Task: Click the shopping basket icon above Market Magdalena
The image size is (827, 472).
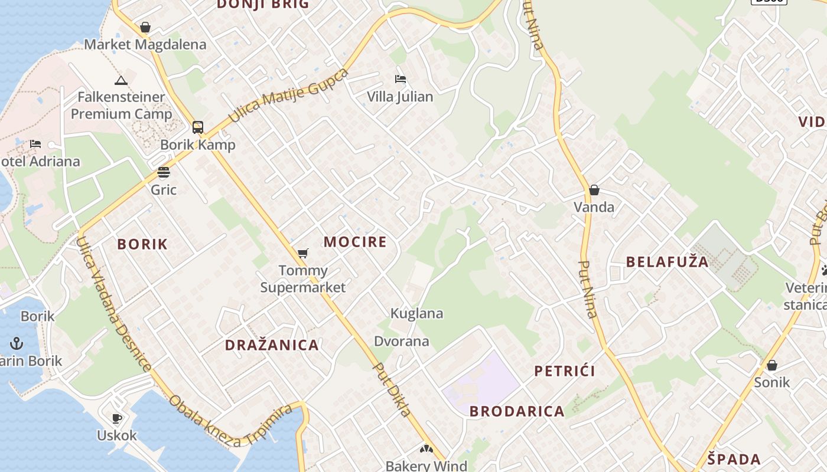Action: [145, 27]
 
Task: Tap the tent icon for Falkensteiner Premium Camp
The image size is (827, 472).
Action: [121, 80]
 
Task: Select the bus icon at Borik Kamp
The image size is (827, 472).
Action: [198, 127]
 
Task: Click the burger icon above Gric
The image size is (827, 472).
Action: [164, 172]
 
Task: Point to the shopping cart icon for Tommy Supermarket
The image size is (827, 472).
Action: [303, 253]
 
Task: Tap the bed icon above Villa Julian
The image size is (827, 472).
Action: [401, 79]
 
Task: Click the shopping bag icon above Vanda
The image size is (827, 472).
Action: [594, 190]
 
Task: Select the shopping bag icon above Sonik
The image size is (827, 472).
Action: [771, 365]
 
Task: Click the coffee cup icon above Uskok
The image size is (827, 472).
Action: [117, 418]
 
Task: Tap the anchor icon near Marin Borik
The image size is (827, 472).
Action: [17, 343]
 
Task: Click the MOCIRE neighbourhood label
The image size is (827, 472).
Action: [355, 242]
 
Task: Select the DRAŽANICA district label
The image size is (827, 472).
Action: [272, 345]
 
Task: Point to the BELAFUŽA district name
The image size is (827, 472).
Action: [667, 262]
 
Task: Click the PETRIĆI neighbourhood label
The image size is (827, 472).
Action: [565, 371]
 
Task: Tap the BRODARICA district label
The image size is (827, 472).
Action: [517, 411]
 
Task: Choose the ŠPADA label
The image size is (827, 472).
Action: [734, 459]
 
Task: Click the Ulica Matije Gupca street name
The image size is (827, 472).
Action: [288, 96]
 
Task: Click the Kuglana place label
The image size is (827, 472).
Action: [416, 313]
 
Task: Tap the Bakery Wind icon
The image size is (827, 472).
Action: [426, 450]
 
